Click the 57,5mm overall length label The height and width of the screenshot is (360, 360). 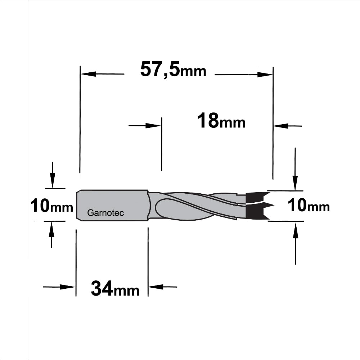tap(174, 70)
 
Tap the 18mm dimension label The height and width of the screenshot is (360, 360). tap(221, 121)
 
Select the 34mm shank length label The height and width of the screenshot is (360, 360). tap(115, 289)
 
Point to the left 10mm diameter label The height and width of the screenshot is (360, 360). tap(51, 206)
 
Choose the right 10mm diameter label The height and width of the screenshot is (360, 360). tap(309, 206)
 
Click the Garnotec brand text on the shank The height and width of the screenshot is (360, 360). tap(105, 213)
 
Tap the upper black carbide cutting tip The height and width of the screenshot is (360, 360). tap(257, 198)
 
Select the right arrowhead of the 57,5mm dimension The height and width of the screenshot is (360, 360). tap(265, 75)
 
